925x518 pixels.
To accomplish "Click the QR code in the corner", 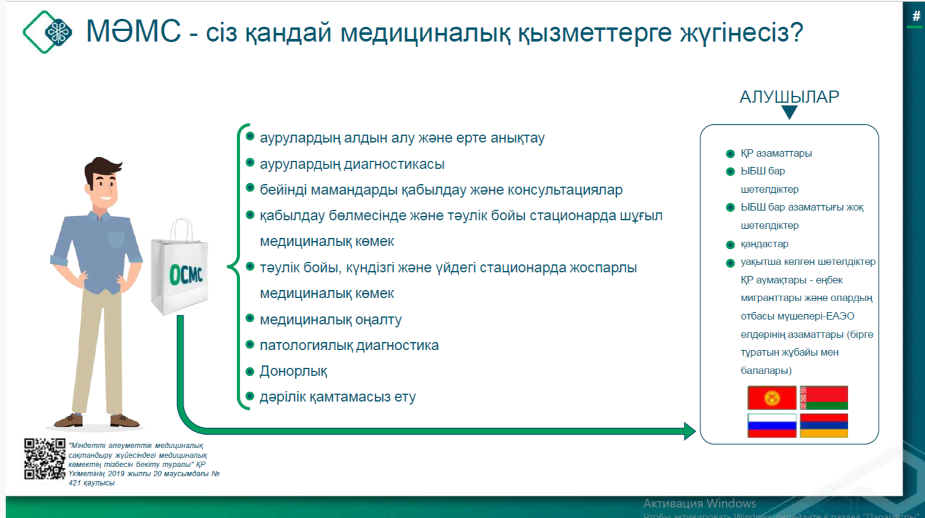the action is click(45, 459).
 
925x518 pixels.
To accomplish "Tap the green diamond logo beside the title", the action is click(47, 32).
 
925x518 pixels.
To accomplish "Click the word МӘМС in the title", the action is click(134, 31).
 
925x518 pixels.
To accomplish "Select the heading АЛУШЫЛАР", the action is click(789, 97).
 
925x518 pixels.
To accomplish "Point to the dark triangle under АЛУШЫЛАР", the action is click(789, 112).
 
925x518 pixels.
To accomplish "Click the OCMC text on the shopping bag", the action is click(186, 275).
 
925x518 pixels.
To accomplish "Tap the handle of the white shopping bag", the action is click(181, 229).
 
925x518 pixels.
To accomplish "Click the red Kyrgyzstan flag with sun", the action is click(772, 397).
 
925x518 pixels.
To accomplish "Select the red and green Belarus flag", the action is click(824, 397).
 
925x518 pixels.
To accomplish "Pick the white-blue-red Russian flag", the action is click(772, 425).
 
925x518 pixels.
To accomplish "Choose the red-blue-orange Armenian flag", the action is click(824, 425).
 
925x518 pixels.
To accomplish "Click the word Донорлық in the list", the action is click(293, 371).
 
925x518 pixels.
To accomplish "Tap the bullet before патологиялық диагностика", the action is click(250, 344).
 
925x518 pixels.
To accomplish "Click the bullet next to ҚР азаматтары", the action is click(730, 154).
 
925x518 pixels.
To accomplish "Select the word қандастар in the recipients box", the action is click(764, 244).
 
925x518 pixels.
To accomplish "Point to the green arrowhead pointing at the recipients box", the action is click(690, 432).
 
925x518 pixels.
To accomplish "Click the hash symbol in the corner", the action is click(916, 17).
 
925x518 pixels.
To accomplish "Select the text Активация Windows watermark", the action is click(699, 503).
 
